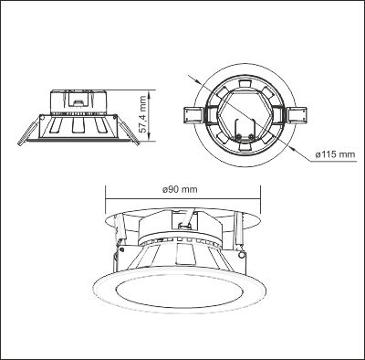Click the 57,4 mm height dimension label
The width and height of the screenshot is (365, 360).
(143, 114)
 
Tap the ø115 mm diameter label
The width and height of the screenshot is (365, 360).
(335, 154)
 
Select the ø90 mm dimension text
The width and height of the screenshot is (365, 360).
(180, 189)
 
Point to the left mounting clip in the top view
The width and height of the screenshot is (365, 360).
(193, 116)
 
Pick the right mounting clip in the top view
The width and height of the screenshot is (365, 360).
(297, 115)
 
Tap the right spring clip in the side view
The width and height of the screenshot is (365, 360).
(129, 132)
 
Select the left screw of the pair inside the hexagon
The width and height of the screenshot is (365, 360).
(239, 136)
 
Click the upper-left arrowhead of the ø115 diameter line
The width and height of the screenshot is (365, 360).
(196, 79)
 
